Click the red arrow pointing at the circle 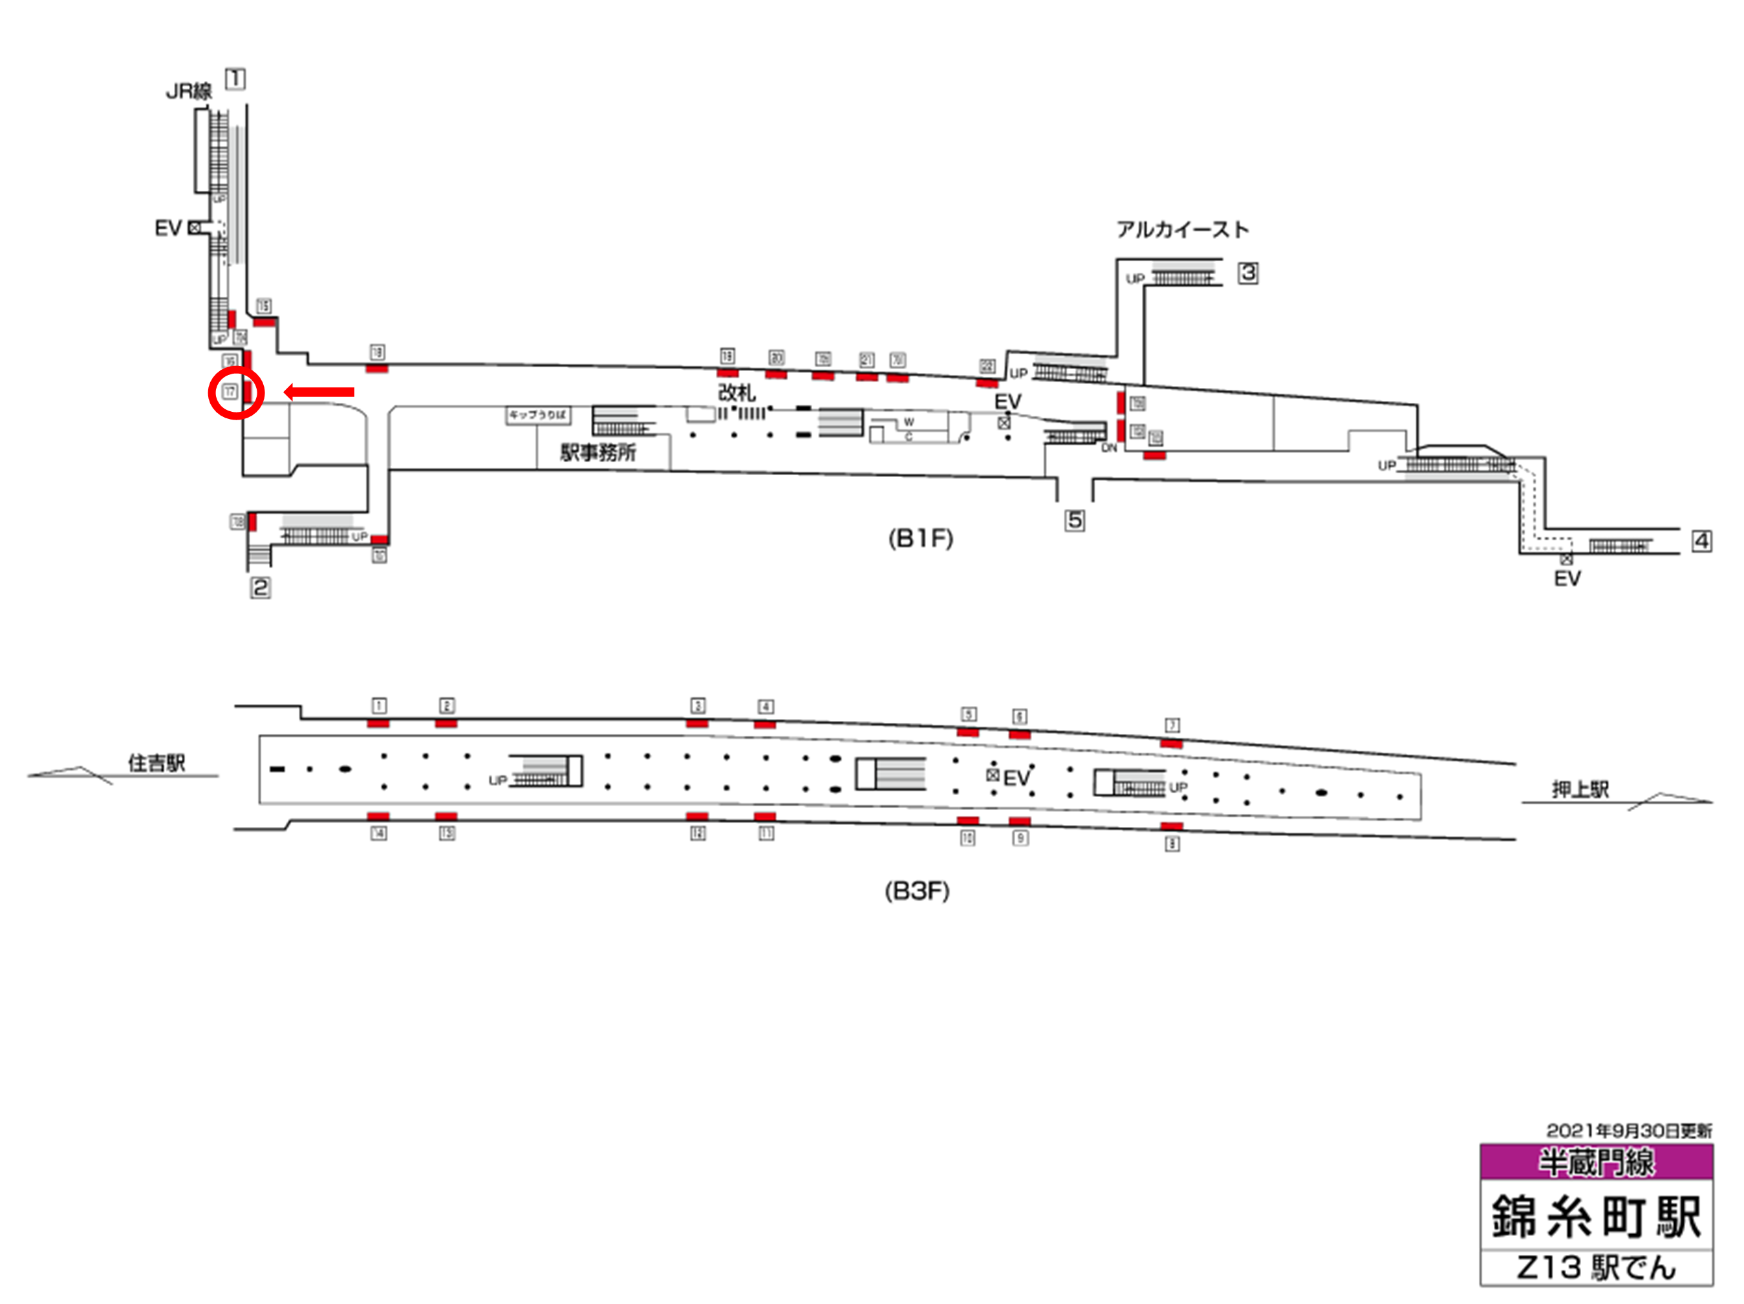pyautogui.click(x=319, y=392)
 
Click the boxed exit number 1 pyautogui.click(x=235, y=79)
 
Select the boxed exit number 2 pyautogui.click(x=260, y=588)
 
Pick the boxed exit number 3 pyautogui.click(x=1247, y=273)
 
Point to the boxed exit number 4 pyautogui.click(x=1701, y=541)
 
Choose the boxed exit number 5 pyautogui.click(x=1074, y=520)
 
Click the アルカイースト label pyautogui.click(x=1182, y=230)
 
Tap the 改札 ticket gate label pyautogui.click(x=737, y=392)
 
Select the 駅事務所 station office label pyautogui.click(x=597, y=453)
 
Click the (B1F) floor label pyautogui.click(x=920, y=539)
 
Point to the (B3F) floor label pyautogui.click(x=916, y=891)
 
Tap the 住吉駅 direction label pyautogui.click(x=156, y=762)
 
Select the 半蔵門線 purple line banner pyautogui.click(x=1596, y=1161)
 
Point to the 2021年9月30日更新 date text pyautogui.click(x=1629, y=1131)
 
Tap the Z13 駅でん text pyautogui.click(x=1596, y=1267)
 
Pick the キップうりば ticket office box pyautogui.click(x=538, y=414)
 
